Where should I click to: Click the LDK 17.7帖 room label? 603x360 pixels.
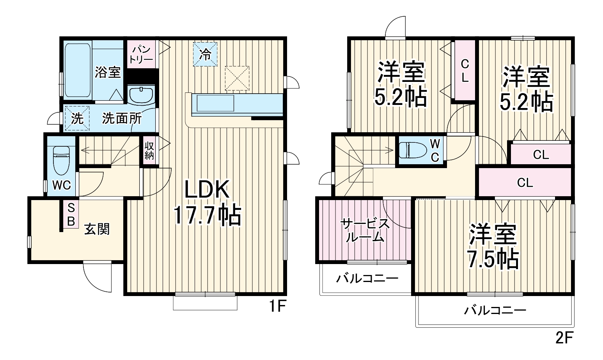(x=207, y=203)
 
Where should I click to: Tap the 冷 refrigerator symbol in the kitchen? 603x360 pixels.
(x=205, y=54)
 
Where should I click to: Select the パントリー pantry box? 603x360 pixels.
(x=141, y=54)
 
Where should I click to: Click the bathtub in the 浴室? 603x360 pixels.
(x=78, y=70)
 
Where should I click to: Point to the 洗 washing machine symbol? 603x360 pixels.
(x=77, y=118)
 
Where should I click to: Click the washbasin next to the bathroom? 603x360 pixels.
(x=141, y=95)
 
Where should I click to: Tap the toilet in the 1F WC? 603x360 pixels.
(x=61, y=160)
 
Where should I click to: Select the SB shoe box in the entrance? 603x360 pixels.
(x=71, y=214)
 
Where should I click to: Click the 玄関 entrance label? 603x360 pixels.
(x=97, y=229)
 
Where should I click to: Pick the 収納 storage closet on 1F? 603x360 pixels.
(x=149, y=151)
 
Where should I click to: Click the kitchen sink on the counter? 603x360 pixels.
(x=215, y=103)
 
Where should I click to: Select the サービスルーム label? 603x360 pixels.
(x=365, y=230)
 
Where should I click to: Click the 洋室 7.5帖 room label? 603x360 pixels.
(x=493, y=246)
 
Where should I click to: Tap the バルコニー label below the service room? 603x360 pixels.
(x=367, y=278)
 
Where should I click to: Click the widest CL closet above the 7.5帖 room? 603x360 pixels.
(x=525, y=182)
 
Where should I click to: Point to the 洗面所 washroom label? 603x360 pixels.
(x=122, y=118)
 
